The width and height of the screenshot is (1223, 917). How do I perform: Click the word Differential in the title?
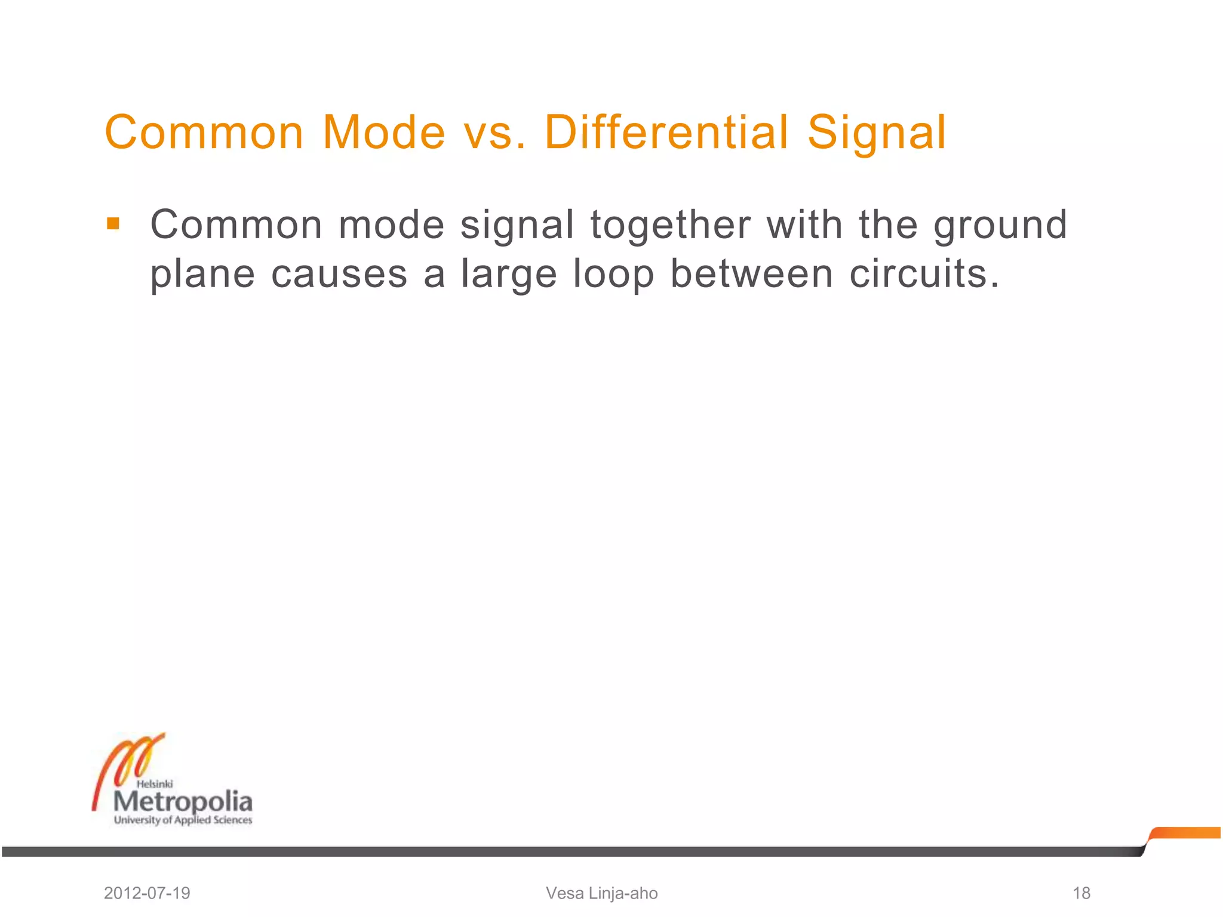pos(666,132)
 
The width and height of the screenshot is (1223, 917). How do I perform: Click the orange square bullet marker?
pos(113,224)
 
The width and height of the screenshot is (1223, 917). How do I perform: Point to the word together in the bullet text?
pos(671,226)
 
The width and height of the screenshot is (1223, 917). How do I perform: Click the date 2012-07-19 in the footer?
pos(147,893)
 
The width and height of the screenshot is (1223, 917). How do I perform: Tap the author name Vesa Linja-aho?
pos(601,893)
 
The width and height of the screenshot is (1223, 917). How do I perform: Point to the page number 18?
pos(1081,893)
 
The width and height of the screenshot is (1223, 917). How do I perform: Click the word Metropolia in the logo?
pos(183,802)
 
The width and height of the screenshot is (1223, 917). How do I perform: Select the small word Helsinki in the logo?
pos(155,784)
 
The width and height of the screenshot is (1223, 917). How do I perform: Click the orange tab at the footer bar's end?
pos(1185,833)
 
